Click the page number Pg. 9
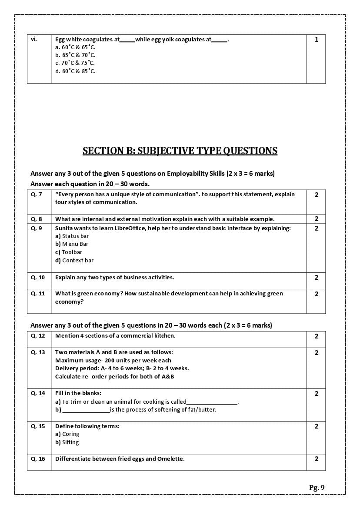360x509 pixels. tap(317, 487)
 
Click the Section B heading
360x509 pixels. tap(180, 151)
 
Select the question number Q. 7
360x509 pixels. tap(37, 194)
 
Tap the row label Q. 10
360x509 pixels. tap(38, 278)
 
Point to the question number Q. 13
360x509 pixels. tap(38, 352)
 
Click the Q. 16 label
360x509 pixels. tap(38, 459)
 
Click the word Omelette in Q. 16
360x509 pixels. tap(170, 459)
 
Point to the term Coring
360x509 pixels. tap(70, 434)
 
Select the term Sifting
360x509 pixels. tap(70, 442)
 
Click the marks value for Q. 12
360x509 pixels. tap(317, 336)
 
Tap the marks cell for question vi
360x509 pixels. tap(317, 40)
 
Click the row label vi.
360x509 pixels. tap(34, 39)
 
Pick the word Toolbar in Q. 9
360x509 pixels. tap(72, 252)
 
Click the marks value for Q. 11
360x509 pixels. tap(317, 294)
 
